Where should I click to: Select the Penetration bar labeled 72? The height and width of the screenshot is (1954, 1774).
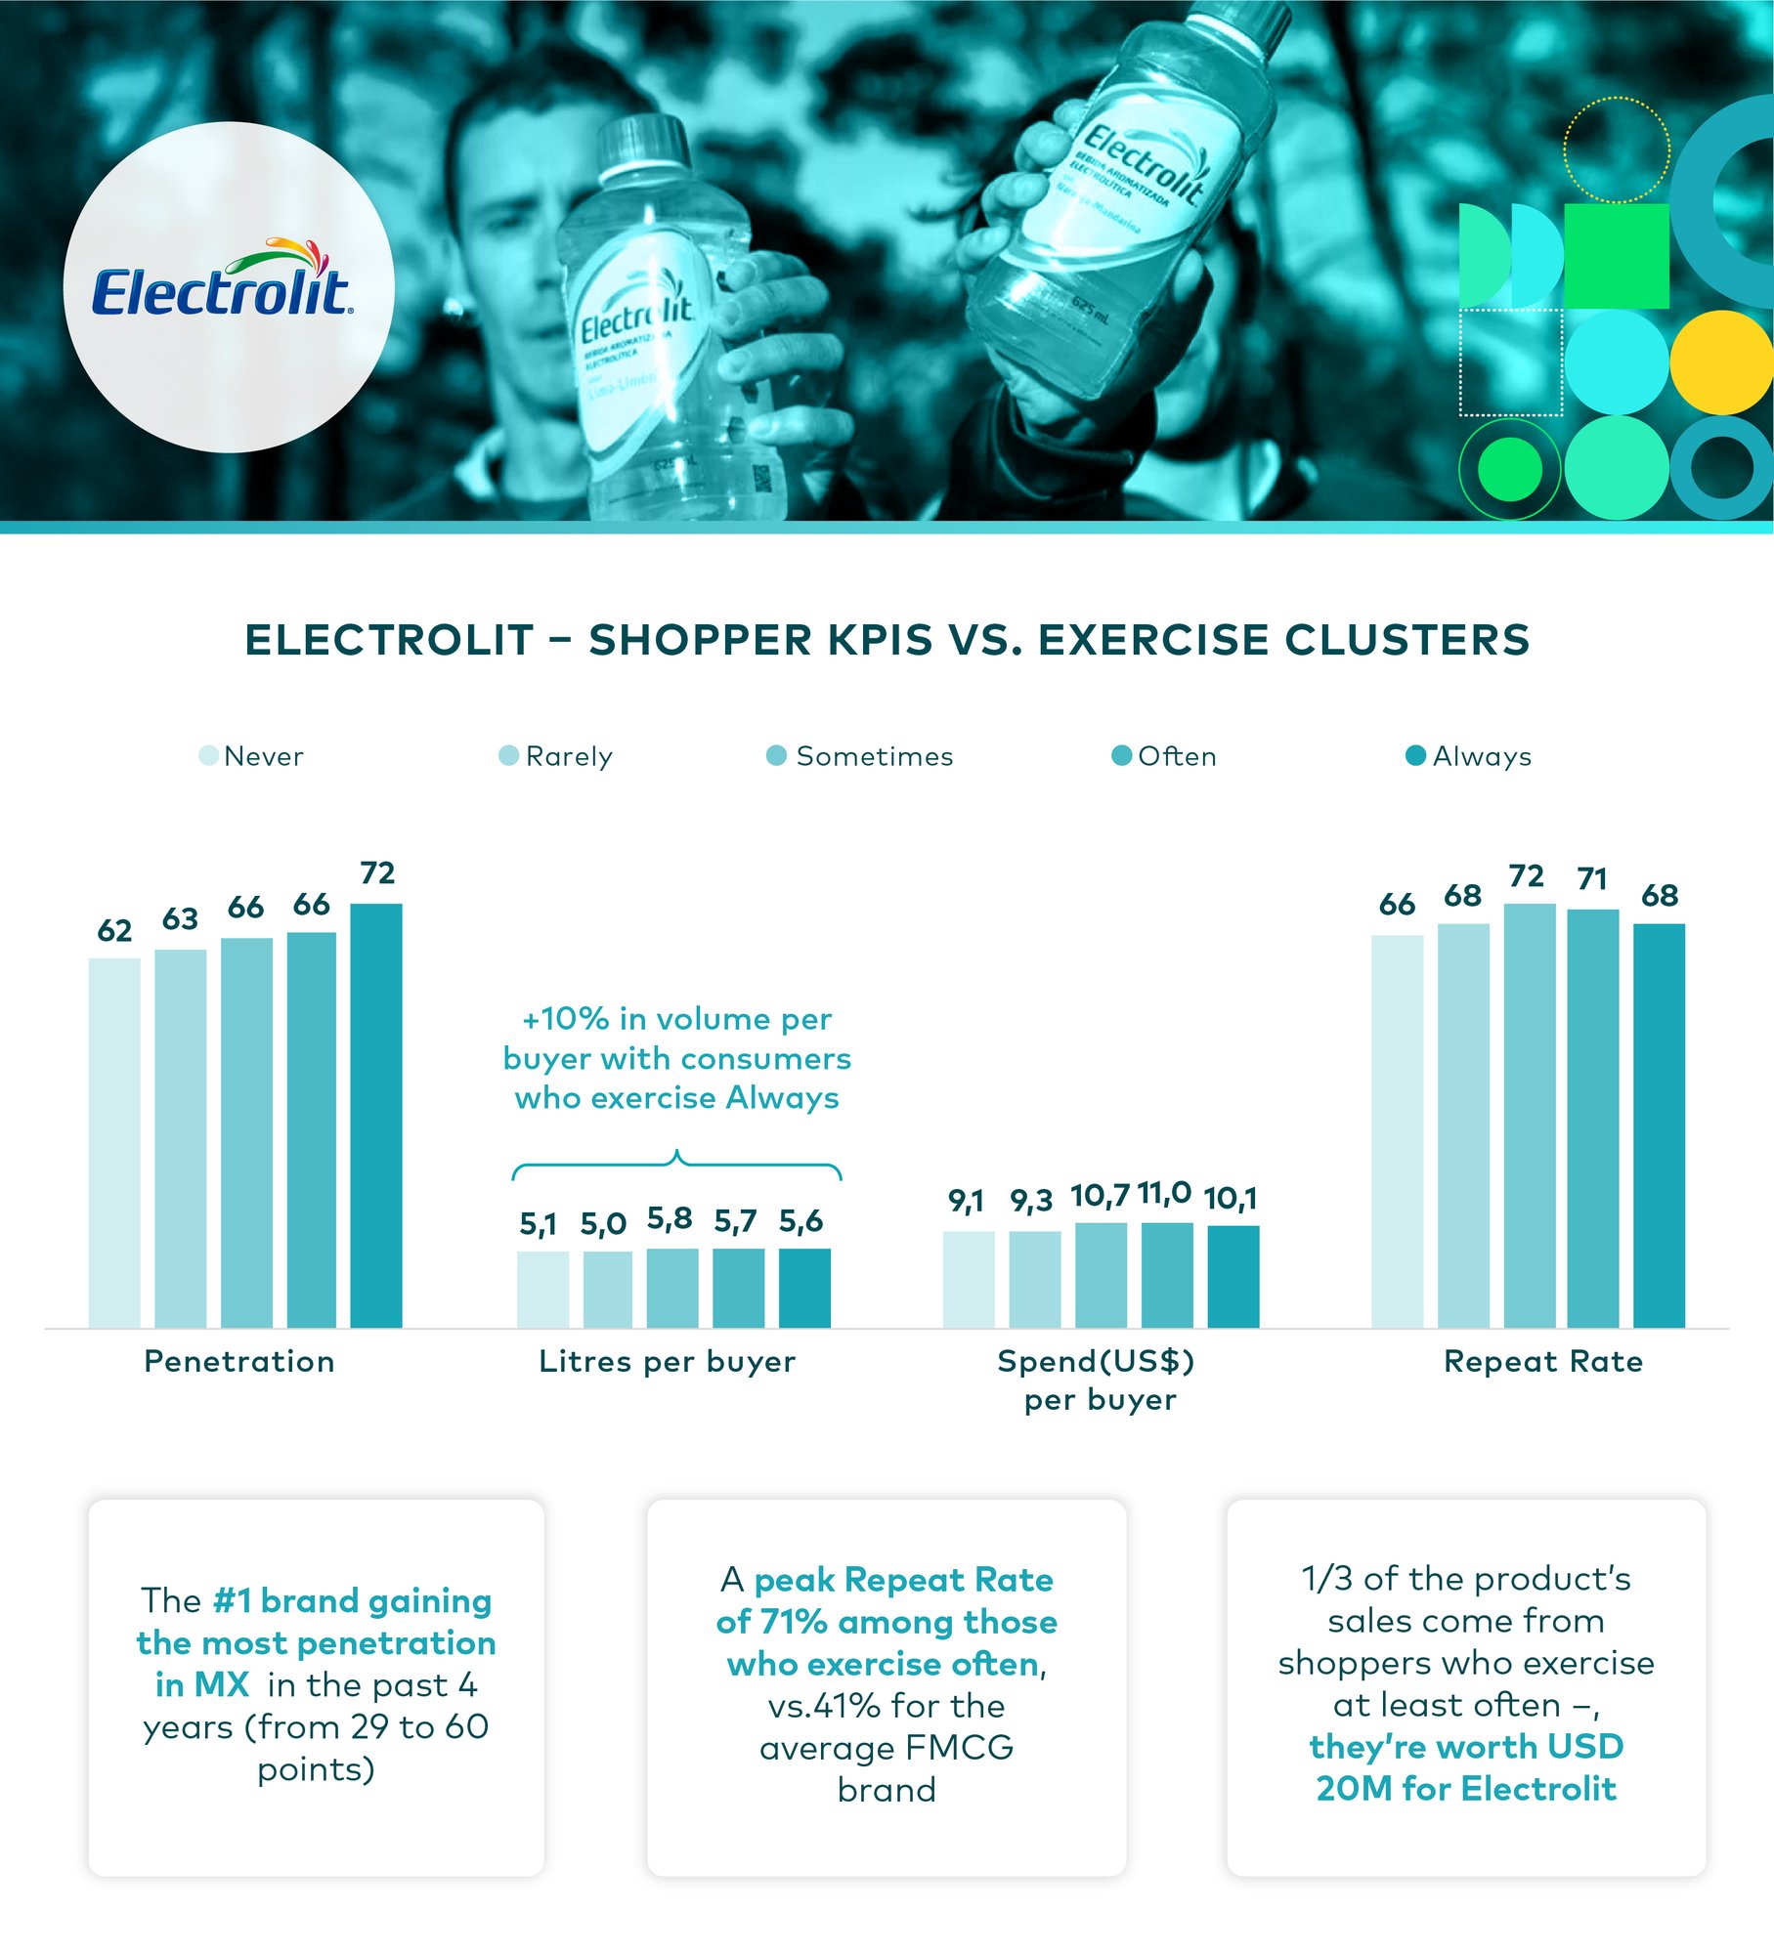(376, 1114)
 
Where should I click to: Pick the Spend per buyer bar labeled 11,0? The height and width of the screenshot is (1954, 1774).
(1167, 1274)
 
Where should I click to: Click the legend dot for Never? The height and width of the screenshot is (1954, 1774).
(208, 755)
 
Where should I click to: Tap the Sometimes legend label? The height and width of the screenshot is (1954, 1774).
(874, 756)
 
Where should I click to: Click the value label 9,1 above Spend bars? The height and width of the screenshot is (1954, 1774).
(966, 1201)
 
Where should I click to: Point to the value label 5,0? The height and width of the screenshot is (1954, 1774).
(603, 1224)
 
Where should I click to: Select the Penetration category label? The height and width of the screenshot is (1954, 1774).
(239, 1361)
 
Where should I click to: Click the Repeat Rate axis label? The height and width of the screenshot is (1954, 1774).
(1542, 1361)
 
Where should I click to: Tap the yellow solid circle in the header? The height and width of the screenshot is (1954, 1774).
(1720, 361)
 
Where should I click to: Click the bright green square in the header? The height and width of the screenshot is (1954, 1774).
(1616, 256)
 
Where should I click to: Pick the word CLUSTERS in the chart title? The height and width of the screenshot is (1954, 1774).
(1406, 640)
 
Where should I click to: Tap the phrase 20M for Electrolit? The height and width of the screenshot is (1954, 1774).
(1465, 1788)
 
